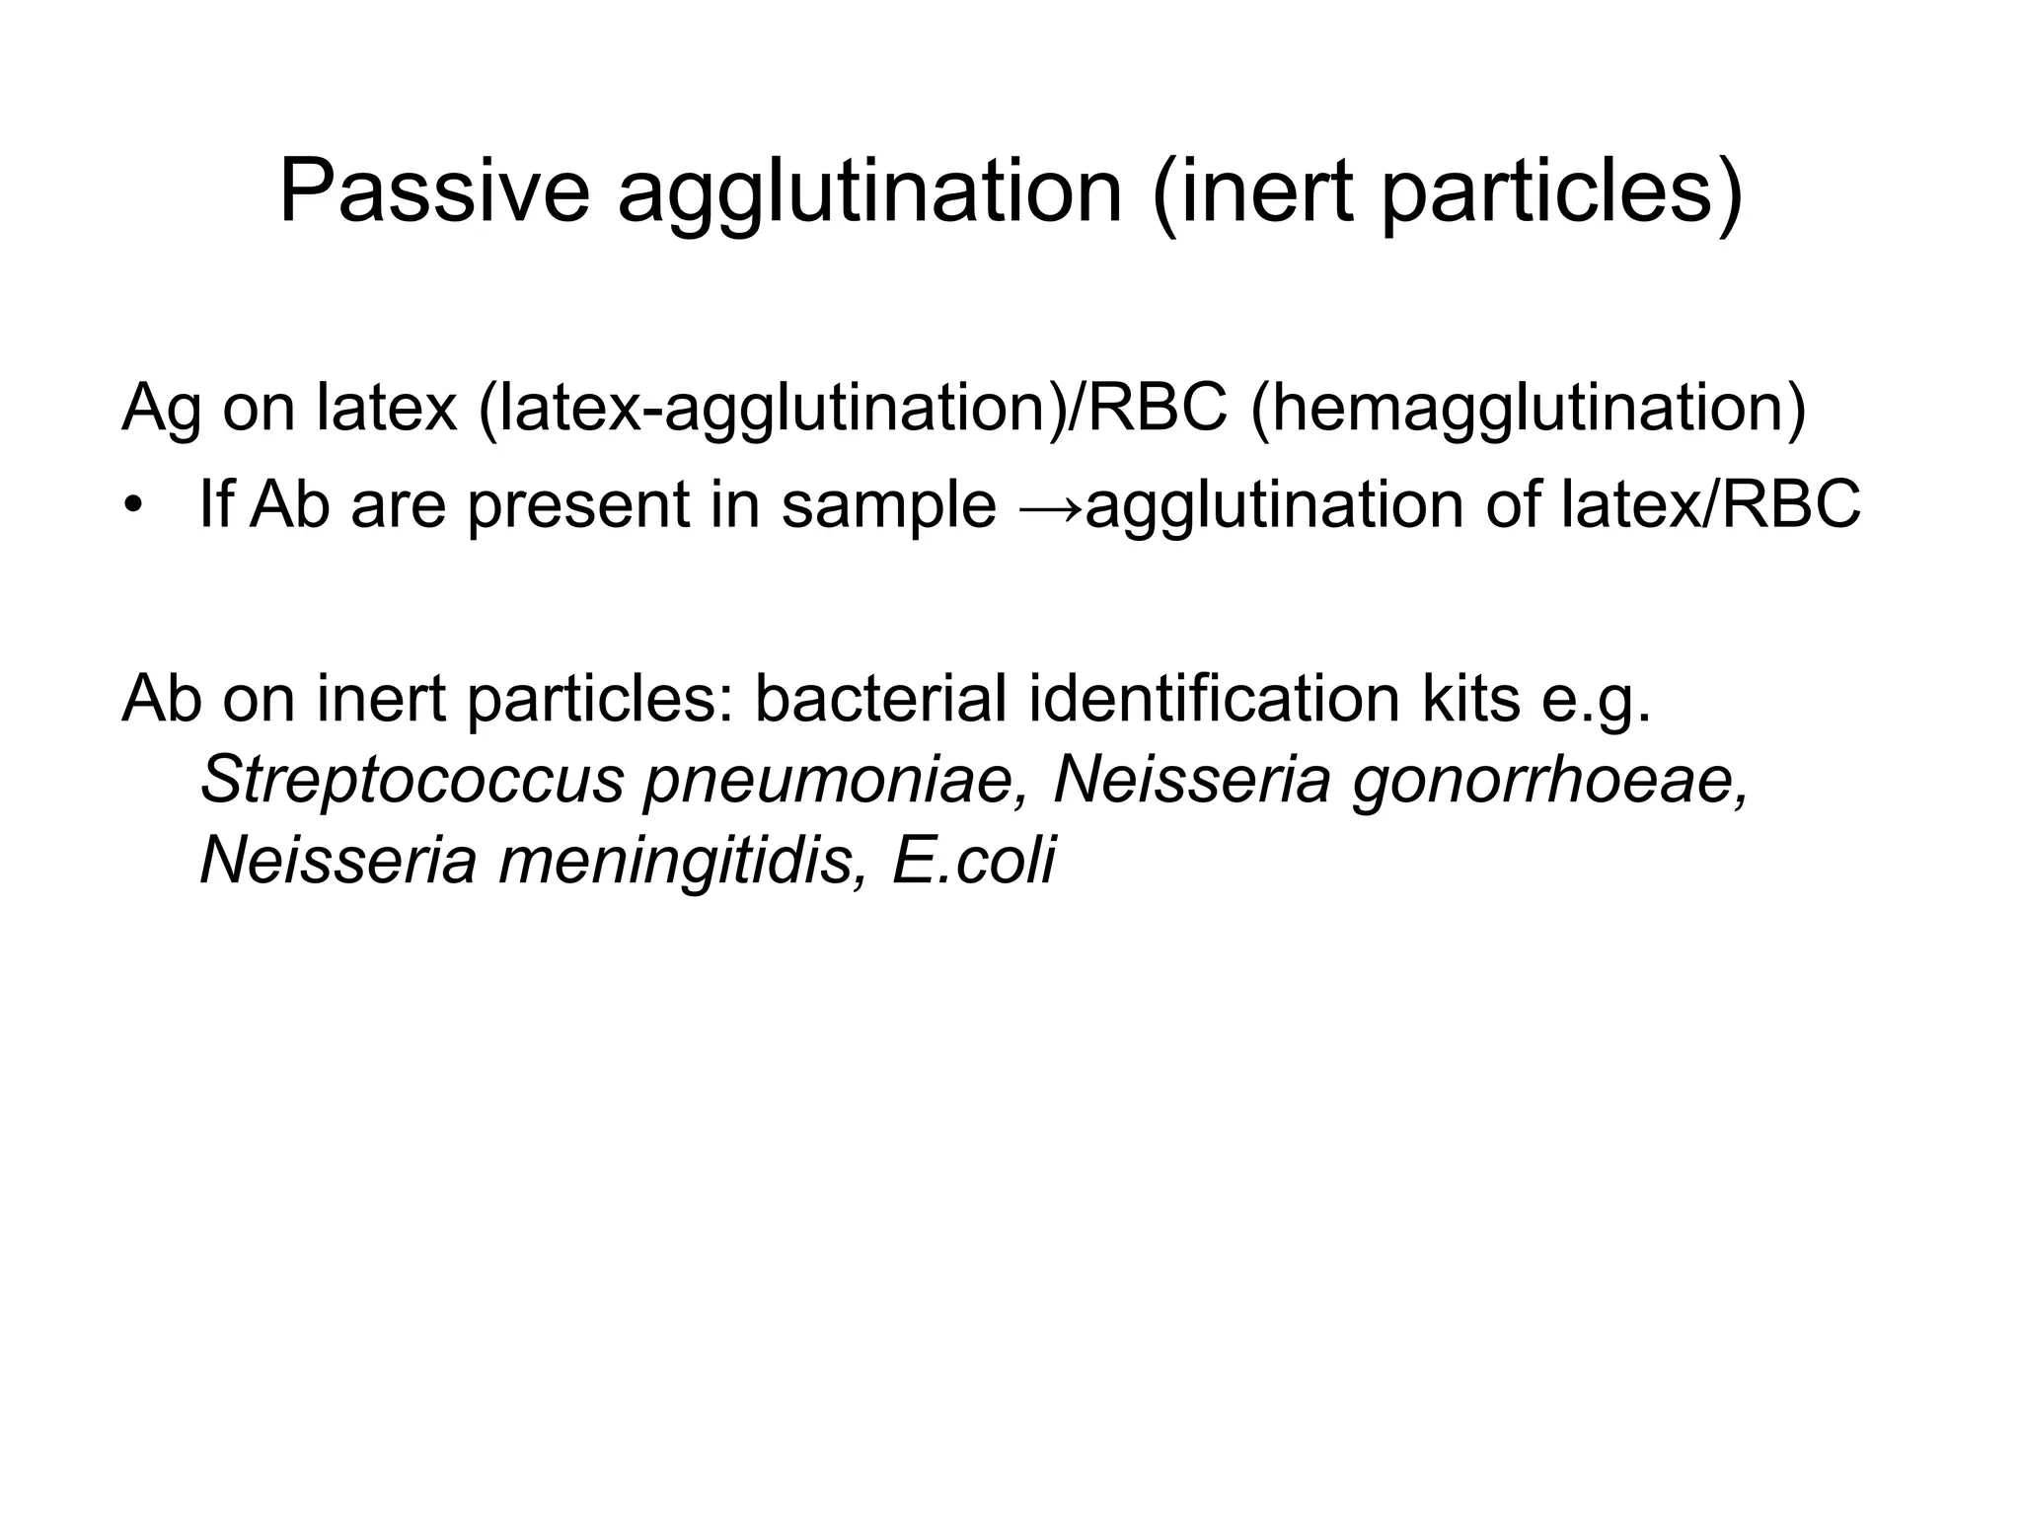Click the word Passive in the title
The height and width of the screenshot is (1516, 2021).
pyautogui.click(x=434, y=191)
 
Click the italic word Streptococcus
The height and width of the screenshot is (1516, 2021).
pyautogui.click(x=412, y=780)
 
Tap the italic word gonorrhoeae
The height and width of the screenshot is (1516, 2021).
pyautogui.click(x=1550, y=780)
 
